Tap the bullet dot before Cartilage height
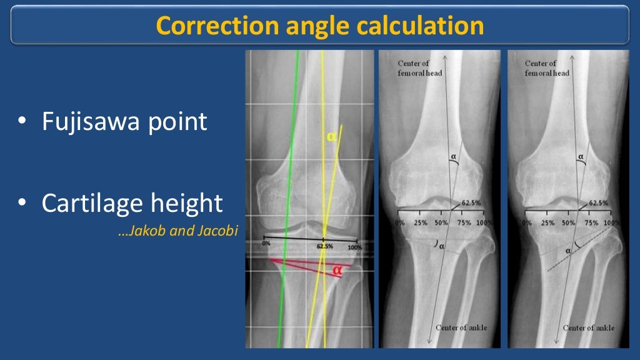tap(22, 203)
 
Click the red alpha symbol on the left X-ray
tap(337, 270)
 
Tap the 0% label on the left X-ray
tap(266, 242)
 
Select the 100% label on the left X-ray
tap(354, 247)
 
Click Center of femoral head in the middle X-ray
tap(413, 67)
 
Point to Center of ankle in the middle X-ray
tap(461, 328)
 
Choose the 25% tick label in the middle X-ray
tap(421, 223)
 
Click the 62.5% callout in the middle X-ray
tap(472, 203)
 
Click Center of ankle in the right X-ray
tap(589, 328)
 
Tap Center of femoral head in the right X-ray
tap(547, 67)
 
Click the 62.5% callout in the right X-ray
tap(599, 203)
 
